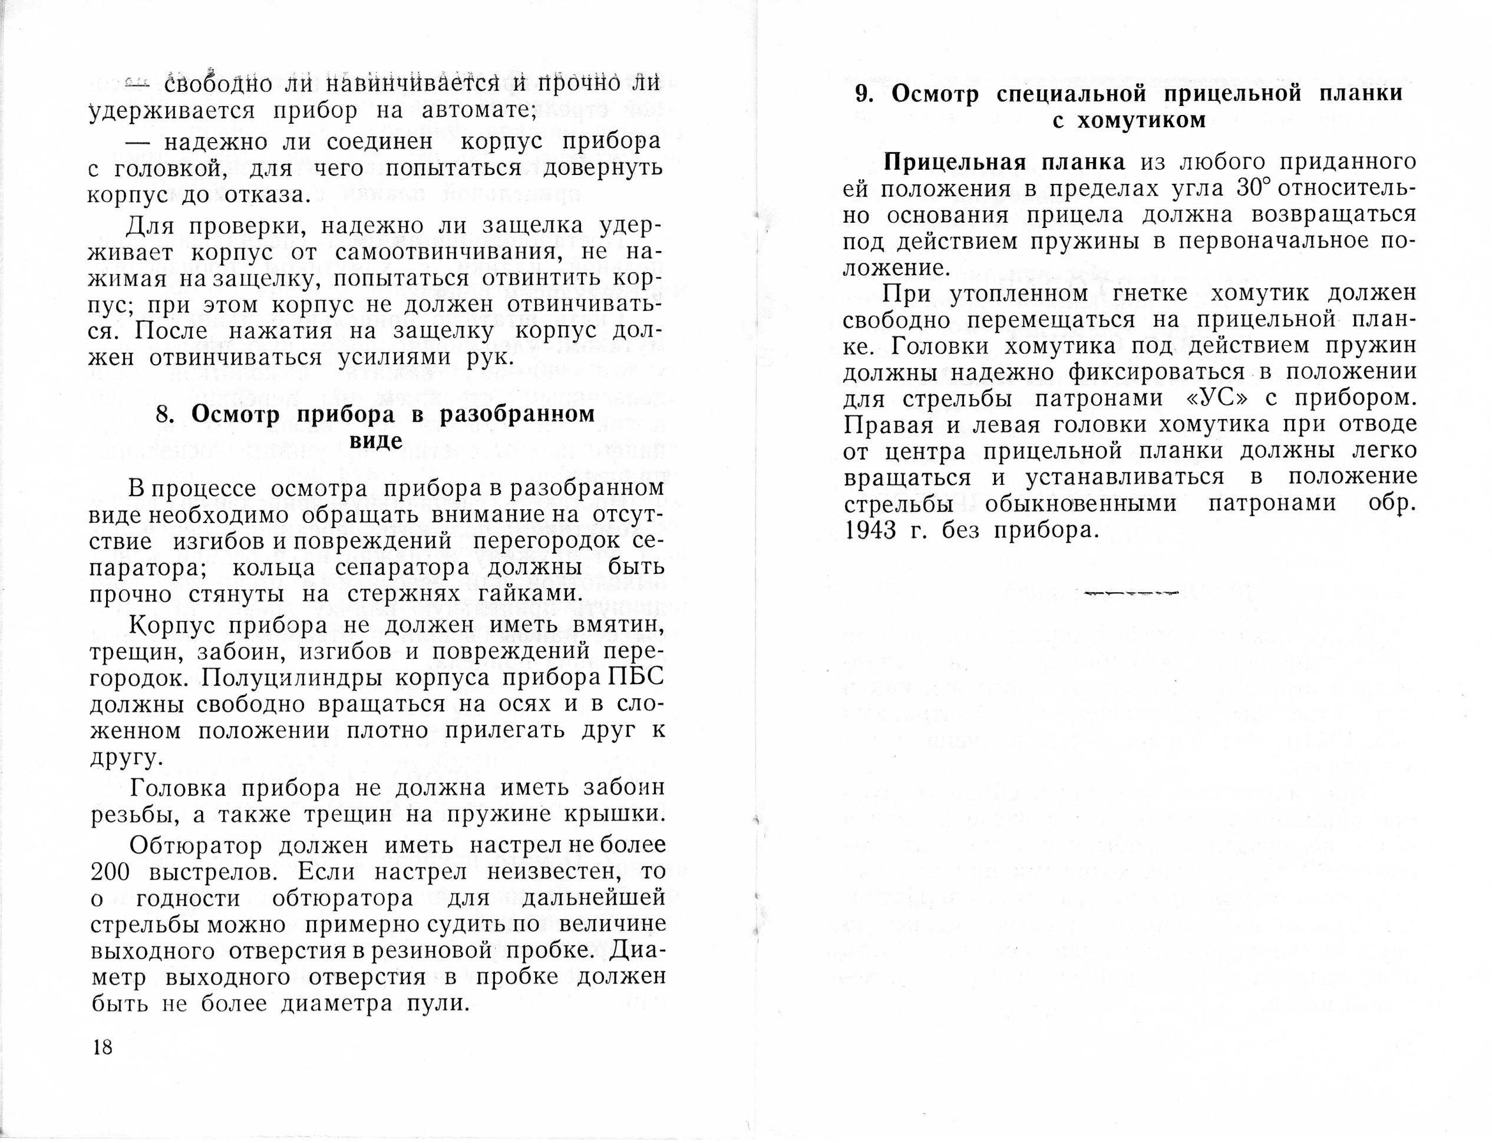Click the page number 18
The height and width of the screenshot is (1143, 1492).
click(x=102, y=1047)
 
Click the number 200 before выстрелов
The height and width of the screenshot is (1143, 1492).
click(x=110, y=871)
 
